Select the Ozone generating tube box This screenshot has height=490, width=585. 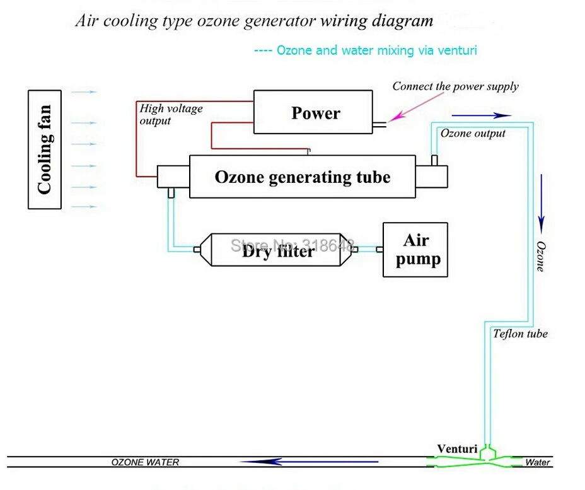pos(302,177)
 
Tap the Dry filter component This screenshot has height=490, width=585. pos(277,251)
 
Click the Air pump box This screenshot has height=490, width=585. pos(415,250)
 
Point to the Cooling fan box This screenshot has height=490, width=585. pos(45,149)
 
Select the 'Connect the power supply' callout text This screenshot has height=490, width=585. pos(455,86)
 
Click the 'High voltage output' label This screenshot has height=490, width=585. pos(171,114)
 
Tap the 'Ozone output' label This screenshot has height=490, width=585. pos(473,133)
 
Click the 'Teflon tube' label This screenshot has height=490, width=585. pos(520,334)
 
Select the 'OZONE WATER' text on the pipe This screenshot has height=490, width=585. pos(145,462)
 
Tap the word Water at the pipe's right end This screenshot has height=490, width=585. pos(538,463)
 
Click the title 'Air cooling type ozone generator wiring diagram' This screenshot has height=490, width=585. pos(254,21)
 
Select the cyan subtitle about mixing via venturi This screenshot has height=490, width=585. pos(365,50)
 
